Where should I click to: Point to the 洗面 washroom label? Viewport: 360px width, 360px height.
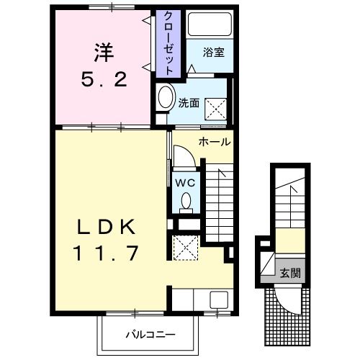pyautogui.click(x=189, y=102)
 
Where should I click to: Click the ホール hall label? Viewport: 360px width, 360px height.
pyautogui.click(x=215, y=142)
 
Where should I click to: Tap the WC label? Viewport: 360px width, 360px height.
pyautogui.click(x=184, y=182)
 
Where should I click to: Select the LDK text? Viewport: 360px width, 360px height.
pyautogui.click(x=108, y=227)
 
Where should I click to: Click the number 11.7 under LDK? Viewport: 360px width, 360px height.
pyautogui.click(x=108, y=253)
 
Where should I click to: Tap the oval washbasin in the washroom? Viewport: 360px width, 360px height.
pyautogui.click(x=165, y=99)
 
